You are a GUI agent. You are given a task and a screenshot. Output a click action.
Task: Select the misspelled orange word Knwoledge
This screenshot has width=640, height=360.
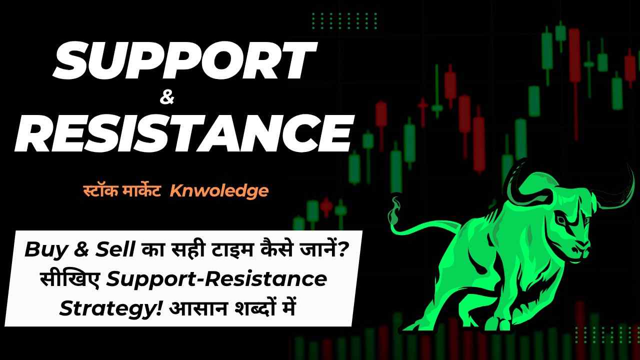(x=219, y=190)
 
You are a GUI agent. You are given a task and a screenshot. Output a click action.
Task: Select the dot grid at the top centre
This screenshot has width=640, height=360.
(x=344, y=20)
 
